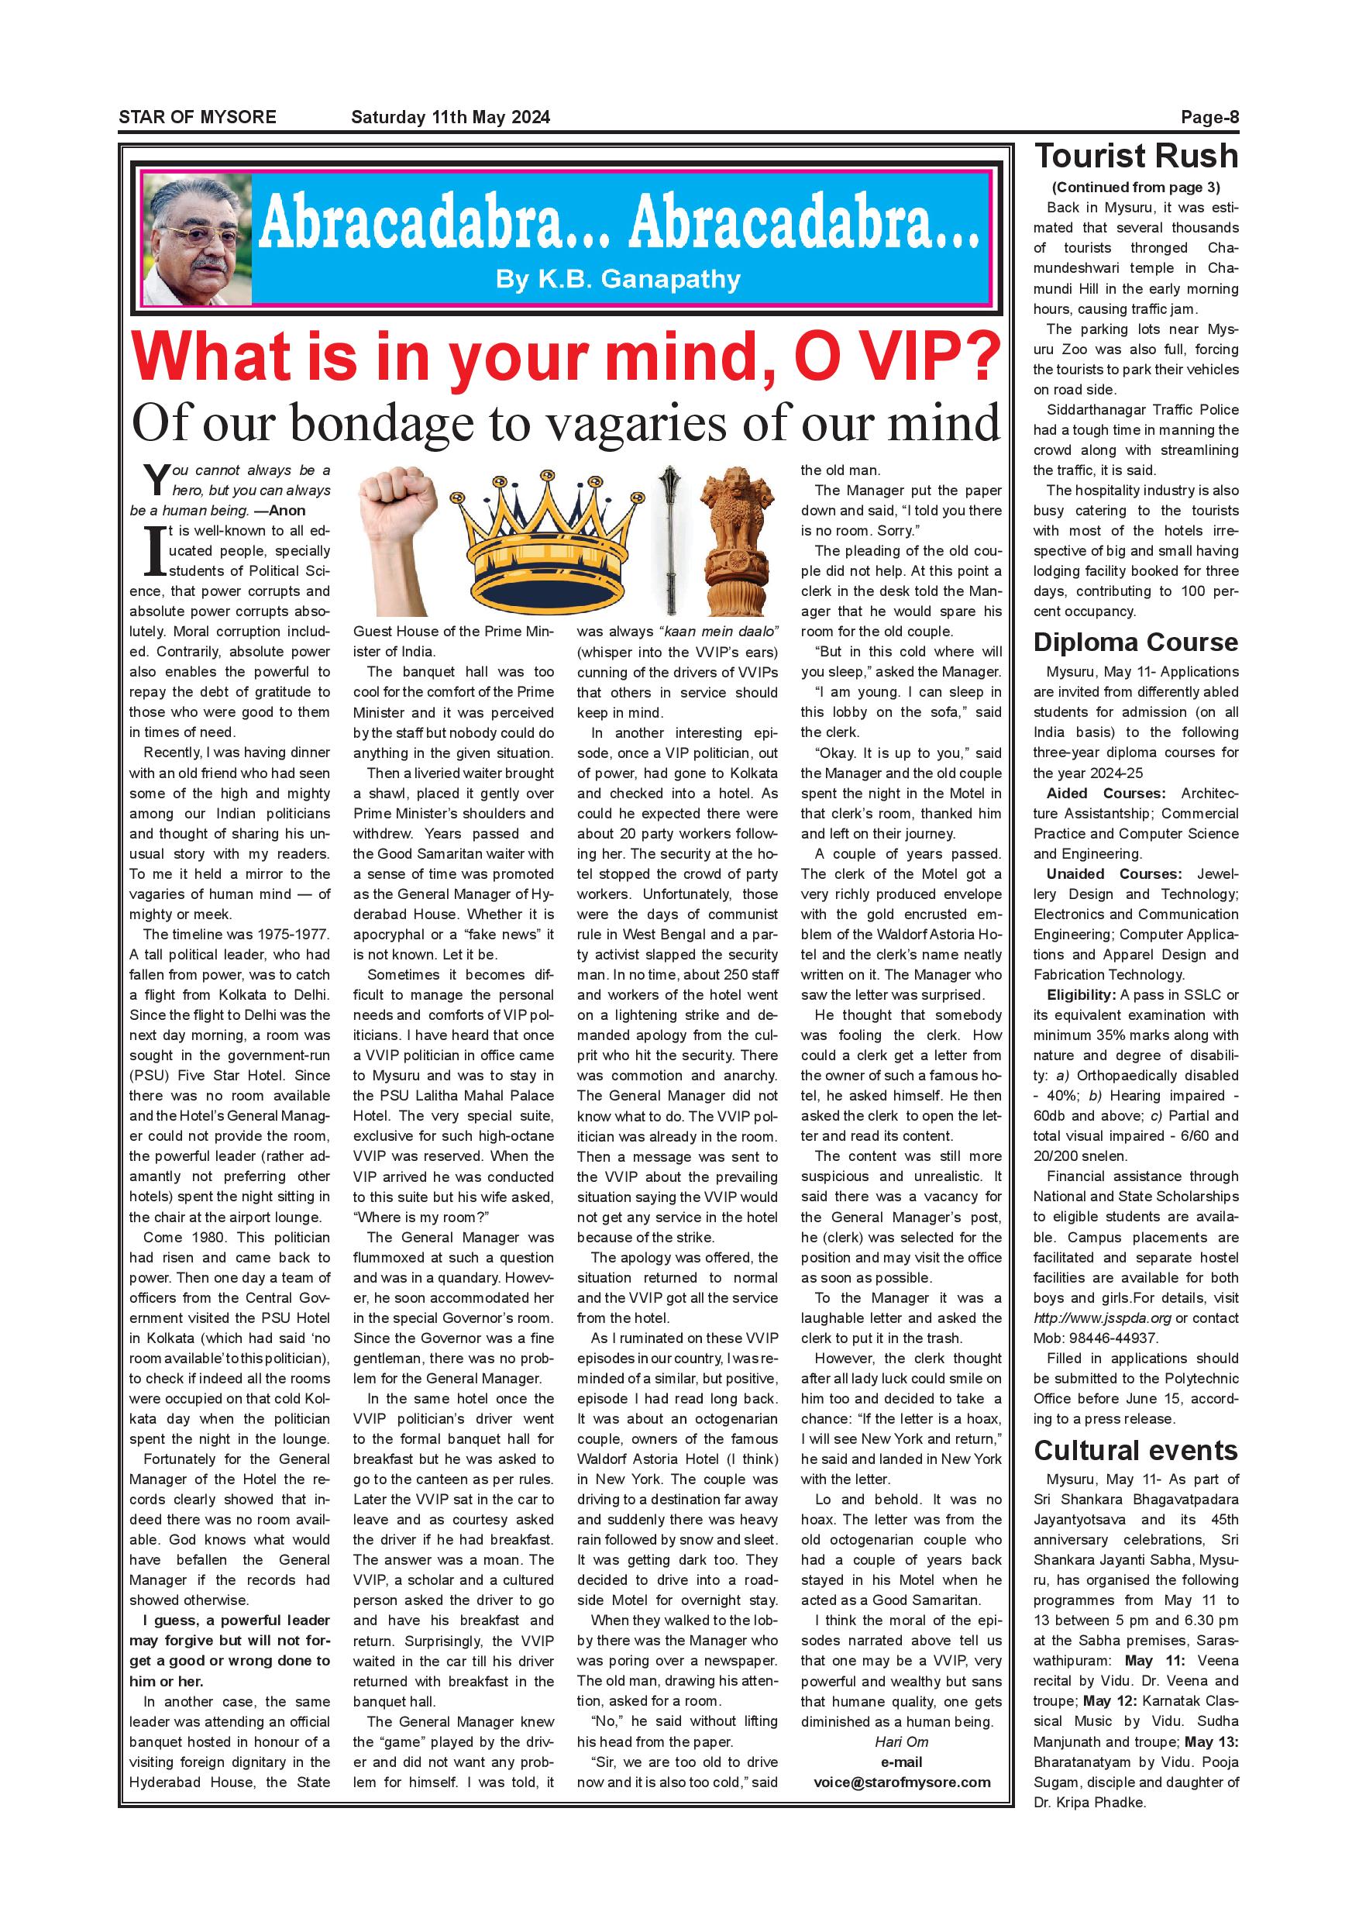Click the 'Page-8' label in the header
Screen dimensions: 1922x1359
pos(1209,117)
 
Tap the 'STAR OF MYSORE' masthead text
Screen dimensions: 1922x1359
pos(198,117)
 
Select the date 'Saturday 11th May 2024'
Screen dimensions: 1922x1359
pos(450,117)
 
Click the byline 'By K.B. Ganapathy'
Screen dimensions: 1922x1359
pos(618,279)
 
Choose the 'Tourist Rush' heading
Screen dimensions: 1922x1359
pos(1136,157)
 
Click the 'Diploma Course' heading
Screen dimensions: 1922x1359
pos(1136,642)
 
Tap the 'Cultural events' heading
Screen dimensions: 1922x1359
pos(1136,1451)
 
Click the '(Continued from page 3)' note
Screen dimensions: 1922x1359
pos(1136,188)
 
